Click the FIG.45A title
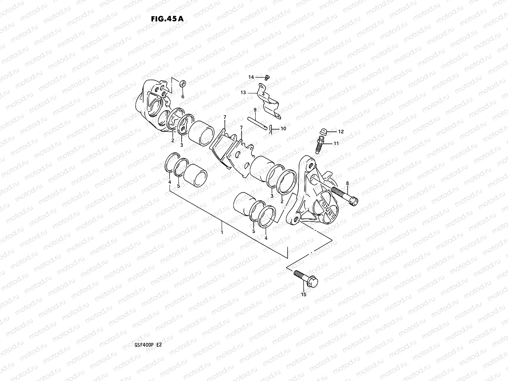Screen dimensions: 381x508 [167, 18]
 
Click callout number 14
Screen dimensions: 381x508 [251, 77]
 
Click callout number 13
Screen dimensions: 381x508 [243, 92]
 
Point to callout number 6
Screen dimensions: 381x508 [183, 97]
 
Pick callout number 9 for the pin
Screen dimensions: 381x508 [255, 110]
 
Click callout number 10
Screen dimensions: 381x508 [283, 129]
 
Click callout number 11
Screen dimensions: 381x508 [336, 144]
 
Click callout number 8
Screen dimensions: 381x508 [347, 183]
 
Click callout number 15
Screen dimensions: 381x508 [304, 295]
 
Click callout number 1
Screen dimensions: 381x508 [222, 232]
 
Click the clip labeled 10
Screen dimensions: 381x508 [270, 130]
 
